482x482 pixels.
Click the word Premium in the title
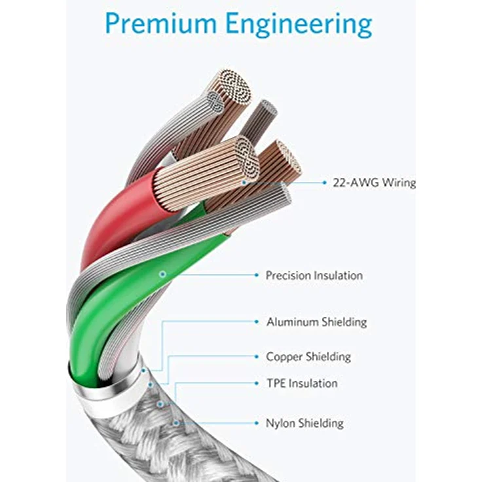point(160,24)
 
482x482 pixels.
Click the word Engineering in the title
point(299,25)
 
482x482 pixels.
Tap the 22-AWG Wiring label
point(375,183)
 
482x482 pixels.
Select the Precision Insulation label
point(314,276)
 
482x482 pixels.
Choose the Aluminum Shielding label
point(316,322)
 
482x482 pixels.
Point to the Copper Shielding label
point(308,357)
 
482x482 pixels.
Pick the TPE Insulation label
point(302,383)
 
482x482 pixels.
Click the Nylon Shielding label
point(305,423)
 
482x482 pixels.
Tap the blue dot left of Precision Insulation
point(257,275)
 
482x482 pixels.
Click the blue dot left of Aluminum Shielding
point(257,322)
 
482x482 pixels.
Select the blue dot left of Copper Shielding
point(257,356)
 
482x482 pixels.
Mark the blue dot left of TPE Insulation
point(257,383)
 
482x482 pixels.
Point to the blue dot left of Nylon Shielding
point(257,423)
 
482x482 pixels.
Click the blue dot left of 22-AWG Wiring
point(325,183)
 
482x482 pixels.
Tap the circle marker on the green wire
point(162,274)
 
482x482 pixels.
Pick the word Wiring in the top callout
point(399,183)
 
